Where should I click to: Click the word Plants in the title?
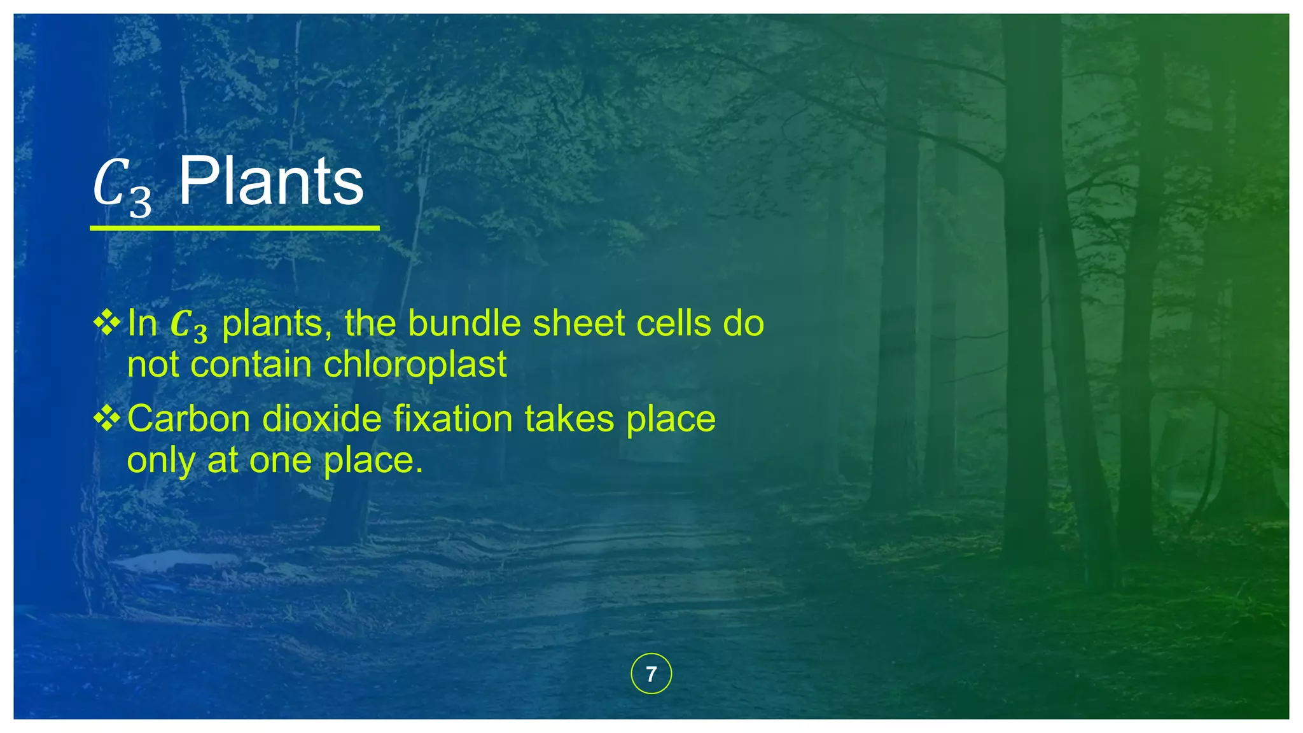tap(271, 182)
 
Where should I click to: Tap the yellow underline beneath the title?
tap(234, 227)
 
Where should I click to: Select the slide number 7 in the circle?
tap(651, 674)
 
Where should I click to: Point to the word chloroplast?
tap(415, 365)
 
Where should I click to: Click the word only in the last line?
tap(161, 461)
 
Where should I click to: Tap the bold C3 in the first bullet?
tap(189, 325)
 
